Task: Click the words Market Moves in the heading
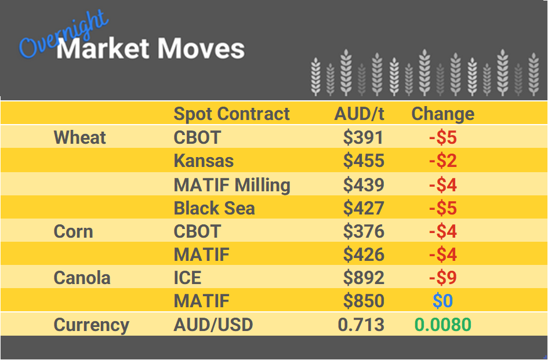151,49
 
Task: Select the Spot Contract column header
231,114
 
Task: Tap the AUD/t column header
359,114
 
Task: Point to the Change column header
442,114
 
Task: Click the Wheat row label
80,138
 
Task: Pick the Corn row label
73,231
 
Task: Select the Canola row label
82,278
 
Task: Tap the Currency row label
91,325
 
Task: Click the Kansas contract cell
204,161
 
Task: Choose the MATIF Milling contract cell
232,185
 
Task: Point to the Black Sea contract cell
214,208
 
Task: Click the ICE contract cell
187,278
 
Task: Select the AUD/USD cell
213,325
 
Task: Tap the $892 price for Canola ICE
364,278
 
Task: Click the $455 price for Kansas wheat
364,161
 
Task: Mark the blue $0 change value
442,301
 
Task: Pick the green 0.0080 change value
442,325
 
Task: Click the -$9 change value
442,278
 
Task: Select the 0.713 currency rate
361,325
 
